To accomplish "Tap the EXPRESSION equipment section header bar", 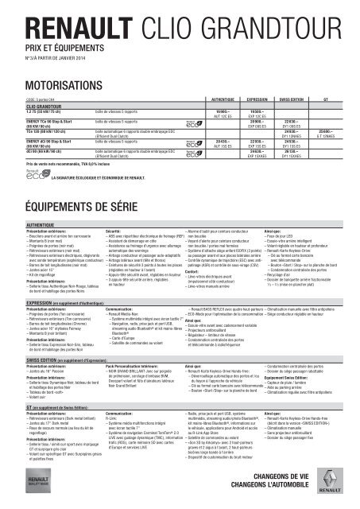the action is pyautogui.click(x=180, y=303).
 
